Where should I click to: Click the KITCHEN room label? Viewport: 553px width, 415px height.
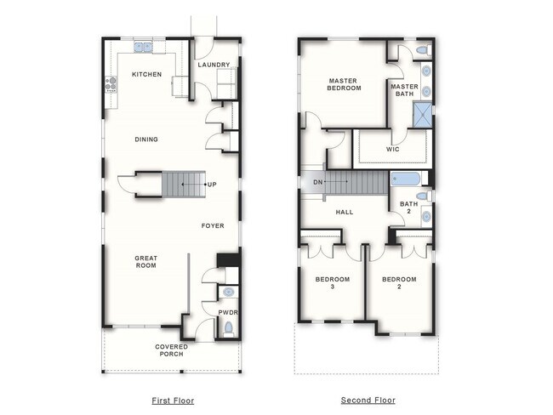point(146,75)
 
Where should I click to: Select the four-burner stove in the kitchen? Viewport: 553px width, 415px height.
point(110,83)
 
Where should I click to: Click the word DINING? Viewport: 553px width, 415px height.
point(146,139)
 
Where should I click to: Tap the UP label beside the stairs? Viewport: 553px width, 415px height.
point(211,184)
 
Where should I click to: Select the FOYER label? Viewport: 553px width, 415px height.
point(213,226)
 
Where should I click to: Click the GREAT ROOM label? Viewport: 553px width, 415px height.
point(146,262)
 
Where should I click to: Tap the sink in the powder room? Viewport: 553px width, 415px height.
point(227,293)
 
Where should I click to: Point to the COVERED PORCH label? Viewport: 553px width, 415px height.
point(171,350)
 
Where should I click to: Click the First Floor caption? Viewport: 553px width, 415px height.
point(172,400)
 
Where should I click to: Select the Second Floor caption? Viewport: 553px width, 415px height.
point(368,400)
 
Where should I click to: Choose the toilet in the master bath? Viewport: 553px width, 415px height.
point(422,52)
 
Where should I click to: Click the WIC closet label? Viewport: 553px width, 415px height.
point(392,149)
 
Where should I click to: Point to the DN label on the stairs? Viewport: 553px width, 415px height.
point(317,182)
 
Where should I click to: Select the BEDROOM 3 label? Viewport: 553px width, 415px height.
point(328,283)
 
